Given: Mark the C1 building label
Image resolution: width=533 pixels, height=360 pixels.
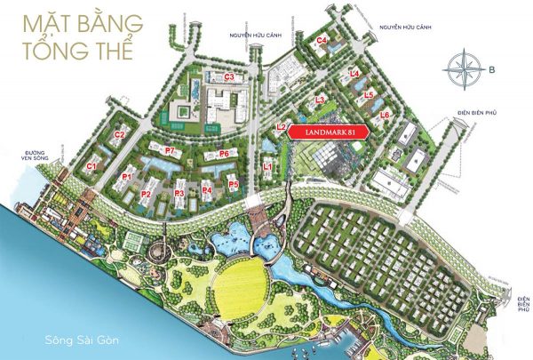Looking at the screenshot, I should [x=91, y=166].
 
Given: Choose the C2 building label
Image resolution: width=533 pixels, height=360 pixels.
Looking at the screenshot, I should [x=119, y=134].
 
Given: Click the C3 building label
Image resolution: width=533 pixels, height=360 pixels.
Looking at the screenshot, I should [x=229, y=77].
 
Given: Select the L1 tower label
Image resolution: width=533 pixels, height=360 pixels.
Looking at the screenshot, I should [x=268, y=165].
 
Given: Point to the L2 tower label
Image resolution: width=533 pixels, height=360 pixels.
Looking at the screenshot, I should [x=281, y=127].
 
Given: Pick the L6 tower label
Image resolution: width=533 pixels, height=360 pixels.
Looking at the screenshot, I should [x=385, y=116].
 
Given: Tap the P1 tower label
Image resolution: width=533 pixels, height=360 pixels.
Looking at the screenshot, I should [x=127, y=177].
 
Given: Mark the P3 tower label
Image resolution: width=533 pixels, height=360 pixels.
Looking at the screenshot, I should [x=179, y=193].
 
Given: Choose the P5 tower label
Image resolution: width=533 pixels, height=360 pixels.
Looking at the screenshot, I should [x=233, y=184].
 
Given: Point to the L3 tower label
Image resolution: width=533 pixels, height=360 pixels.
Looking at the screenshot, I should [x=319, y=100].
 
